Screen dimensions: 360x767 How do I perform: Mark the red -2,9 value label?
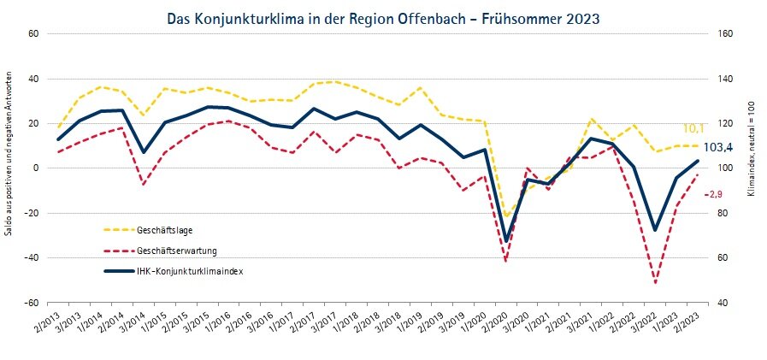coord(714,194)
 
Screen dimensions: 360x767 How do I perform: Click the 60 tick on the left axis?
coord(35,34)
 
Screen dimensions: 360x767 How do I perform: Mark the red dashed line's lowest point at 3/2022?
coord(656,283)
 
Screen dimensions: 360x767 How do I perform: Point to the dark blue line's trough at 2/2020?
coord(506,240)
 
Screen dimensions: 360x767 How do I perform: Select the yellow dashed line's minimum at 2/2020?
coord(506,215)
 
